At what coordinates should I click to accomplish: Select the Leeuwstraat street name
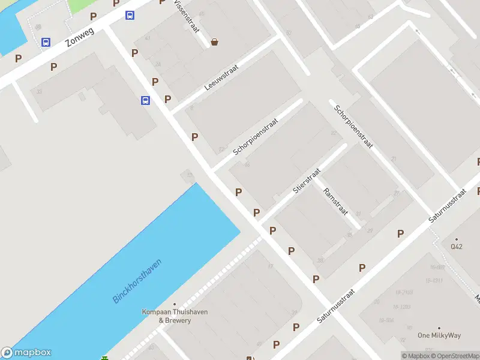221,77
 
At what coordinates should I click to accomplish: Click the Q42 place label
457,246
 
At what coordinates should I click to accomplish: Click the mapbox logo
26,353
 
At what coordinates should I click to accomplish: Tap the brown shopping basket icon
214,41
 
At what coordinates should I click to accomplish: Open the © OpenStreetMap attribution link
456,356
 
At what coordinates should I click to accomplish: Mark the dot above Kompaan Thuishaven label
175,304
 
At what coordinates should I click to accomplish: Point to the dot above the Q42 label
457,238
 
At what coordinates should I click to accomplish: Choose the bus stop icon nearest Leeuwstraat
145,100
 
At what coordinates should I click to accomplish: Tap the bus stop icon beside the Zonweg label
46,42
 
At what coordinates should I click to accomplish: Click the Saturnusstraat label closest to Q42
448,206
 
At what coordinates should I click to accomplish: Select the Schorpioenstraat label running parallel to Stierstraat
256,136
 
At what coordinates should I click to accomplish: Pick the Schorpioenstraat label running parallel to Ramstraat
354,127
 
